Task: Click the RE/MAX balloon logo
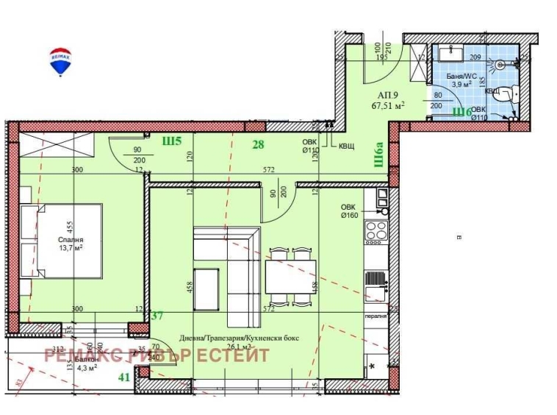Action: click(60, 62)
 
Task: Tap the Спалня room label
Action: click(71, 240)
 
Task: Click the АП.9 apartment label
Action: click(387, 95)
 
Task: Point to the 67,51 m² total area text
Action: click(389, 105)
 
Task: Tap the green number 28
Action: click(257, 144)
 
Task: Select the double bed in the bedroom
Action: click(62, 241)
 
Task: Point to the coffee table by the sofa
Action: click(206, 289)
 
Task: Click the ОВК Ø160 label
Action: click(348, 211)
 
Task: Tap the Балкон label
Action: click(87, 359)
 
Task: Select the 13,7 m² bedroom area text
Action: click(71, 249)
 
